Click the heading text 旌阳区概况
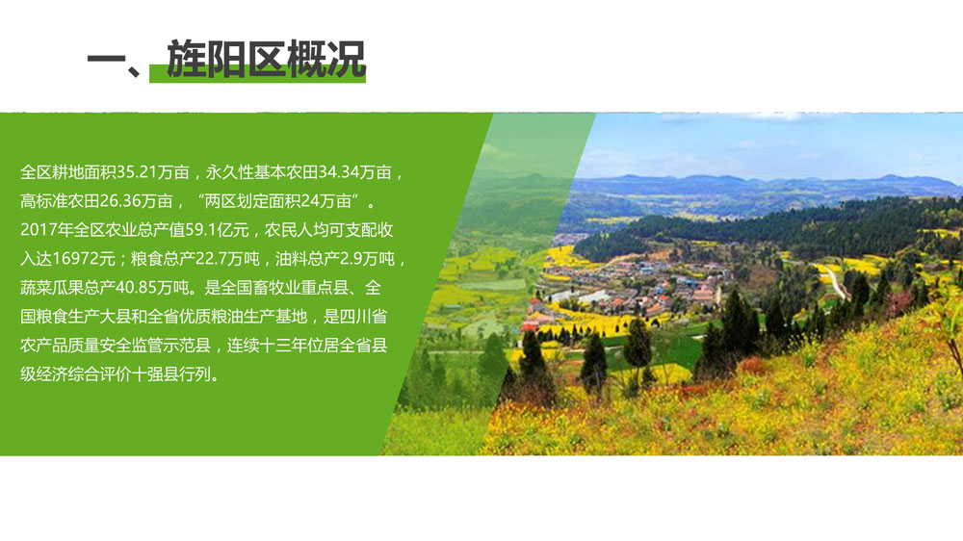tap(266, 59)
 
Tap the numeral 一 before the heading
tap(106, 60)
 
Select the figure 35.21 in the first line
tap(137, 172)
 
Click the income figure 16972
tap(75, 259)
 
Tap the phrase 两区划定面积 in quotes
tap(251, 201)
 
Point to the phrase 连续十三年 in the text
tap(267, 346)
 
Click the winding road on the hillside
tap(832, 280)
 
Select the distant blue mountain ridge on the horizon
tap(768, 182)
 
